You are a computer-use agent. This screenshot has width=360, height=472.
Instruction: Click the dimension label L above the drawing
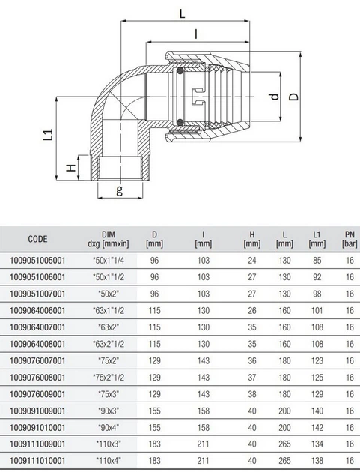click(183, 13)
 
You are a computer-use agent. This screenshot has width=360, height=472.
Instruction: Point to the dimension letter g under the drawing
click(120, 190)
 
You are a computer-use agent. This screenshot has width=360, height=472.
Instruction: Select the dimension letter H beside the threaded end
click(71, 167)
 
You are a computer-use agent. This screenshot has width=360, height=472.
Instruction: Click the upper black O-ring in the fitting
click(180, 72)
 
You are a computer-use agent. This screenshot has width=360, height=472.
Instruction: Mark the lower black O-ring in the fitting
click(180, 122)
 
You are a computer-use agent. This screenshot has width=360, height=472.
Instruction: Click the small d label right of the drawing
click(275, 97)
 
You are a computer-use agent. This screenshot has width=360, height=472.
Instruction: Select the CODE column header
click(37, 239)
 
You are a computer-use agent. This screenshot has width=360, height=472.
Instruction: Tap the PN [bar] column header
click(350, 239)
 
